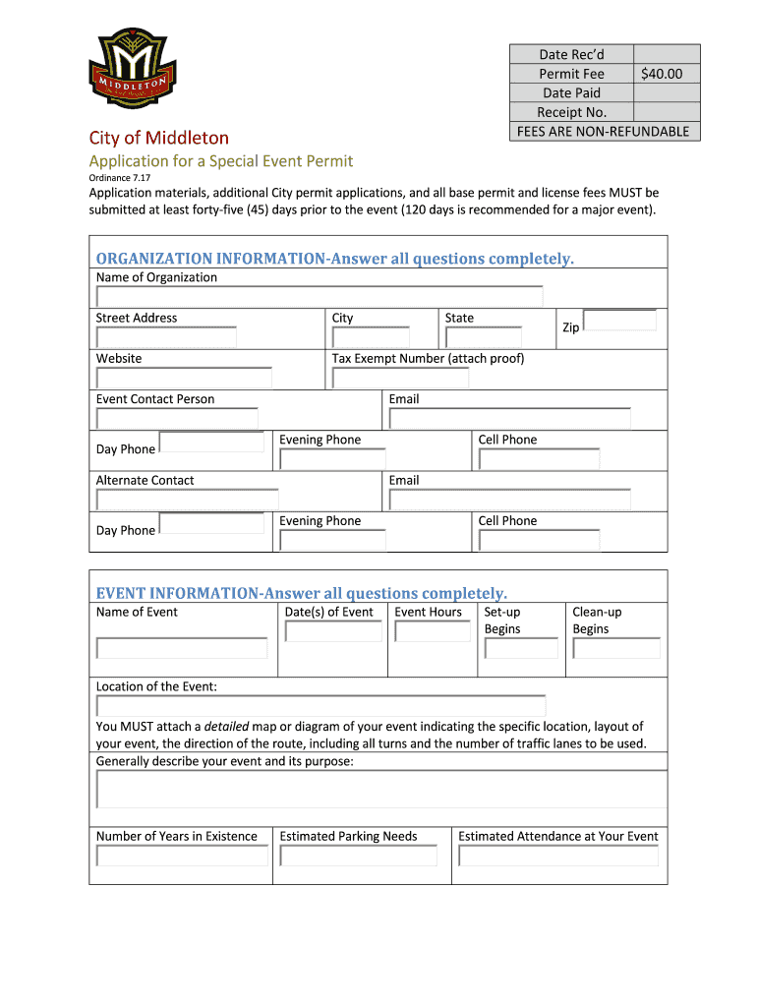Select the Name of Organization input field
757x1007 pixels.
(x=319, y=296)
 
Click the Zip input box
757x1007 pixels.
(x=619, y=321)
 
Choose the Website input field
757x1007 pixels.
(x=183, y=378)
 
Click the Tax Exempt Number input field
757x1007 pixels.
(x=400, y=378)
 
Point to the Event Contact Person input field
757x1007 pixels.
(x=177, y=418)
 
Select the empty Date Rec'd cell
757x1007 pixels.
(x=666, y=54)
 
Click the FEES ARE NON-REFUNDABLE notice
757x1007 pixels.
(x=604, y=132)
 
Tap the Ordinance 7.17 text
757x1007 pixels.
(x=114, y=178)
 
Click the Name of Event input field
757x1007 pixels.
(x=182, y=648)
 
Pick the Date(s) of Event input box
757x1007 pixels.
(x=332, y=631)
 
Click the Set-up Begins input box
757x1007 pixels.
(x=521, y=648)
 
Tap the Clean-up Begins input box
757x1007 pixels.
(x=616, y=648)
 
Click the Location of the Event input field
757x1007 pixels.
(x=320, y=706)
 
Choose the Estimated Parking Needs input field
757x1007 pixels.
(x=359, y=856)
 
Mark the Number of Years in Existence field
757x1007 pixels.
(x=182, y=856)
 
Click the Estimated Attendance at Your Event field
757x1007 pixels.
(x=558, y=856)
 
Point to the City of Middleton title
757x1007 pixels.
(x=159, y=139)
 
